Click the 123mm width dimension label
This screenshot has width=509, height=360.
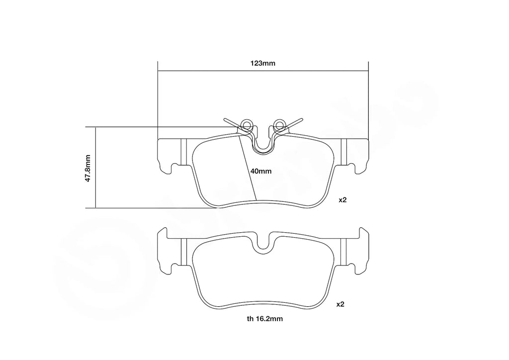262,63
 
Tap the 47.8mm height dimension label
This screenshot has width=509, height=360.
87,168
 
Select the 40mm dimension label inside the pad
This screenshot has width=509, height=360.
260,171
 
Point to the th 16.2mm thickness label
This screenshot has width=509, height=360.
264,319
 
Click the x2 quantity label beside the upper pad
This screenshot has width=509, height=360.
343,200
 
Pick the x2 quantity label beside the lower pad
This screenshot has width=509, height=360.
340,304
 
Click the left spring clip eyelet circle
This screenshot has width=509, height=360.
247,124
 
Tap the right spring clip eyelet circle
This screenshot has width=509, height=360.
279,124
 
